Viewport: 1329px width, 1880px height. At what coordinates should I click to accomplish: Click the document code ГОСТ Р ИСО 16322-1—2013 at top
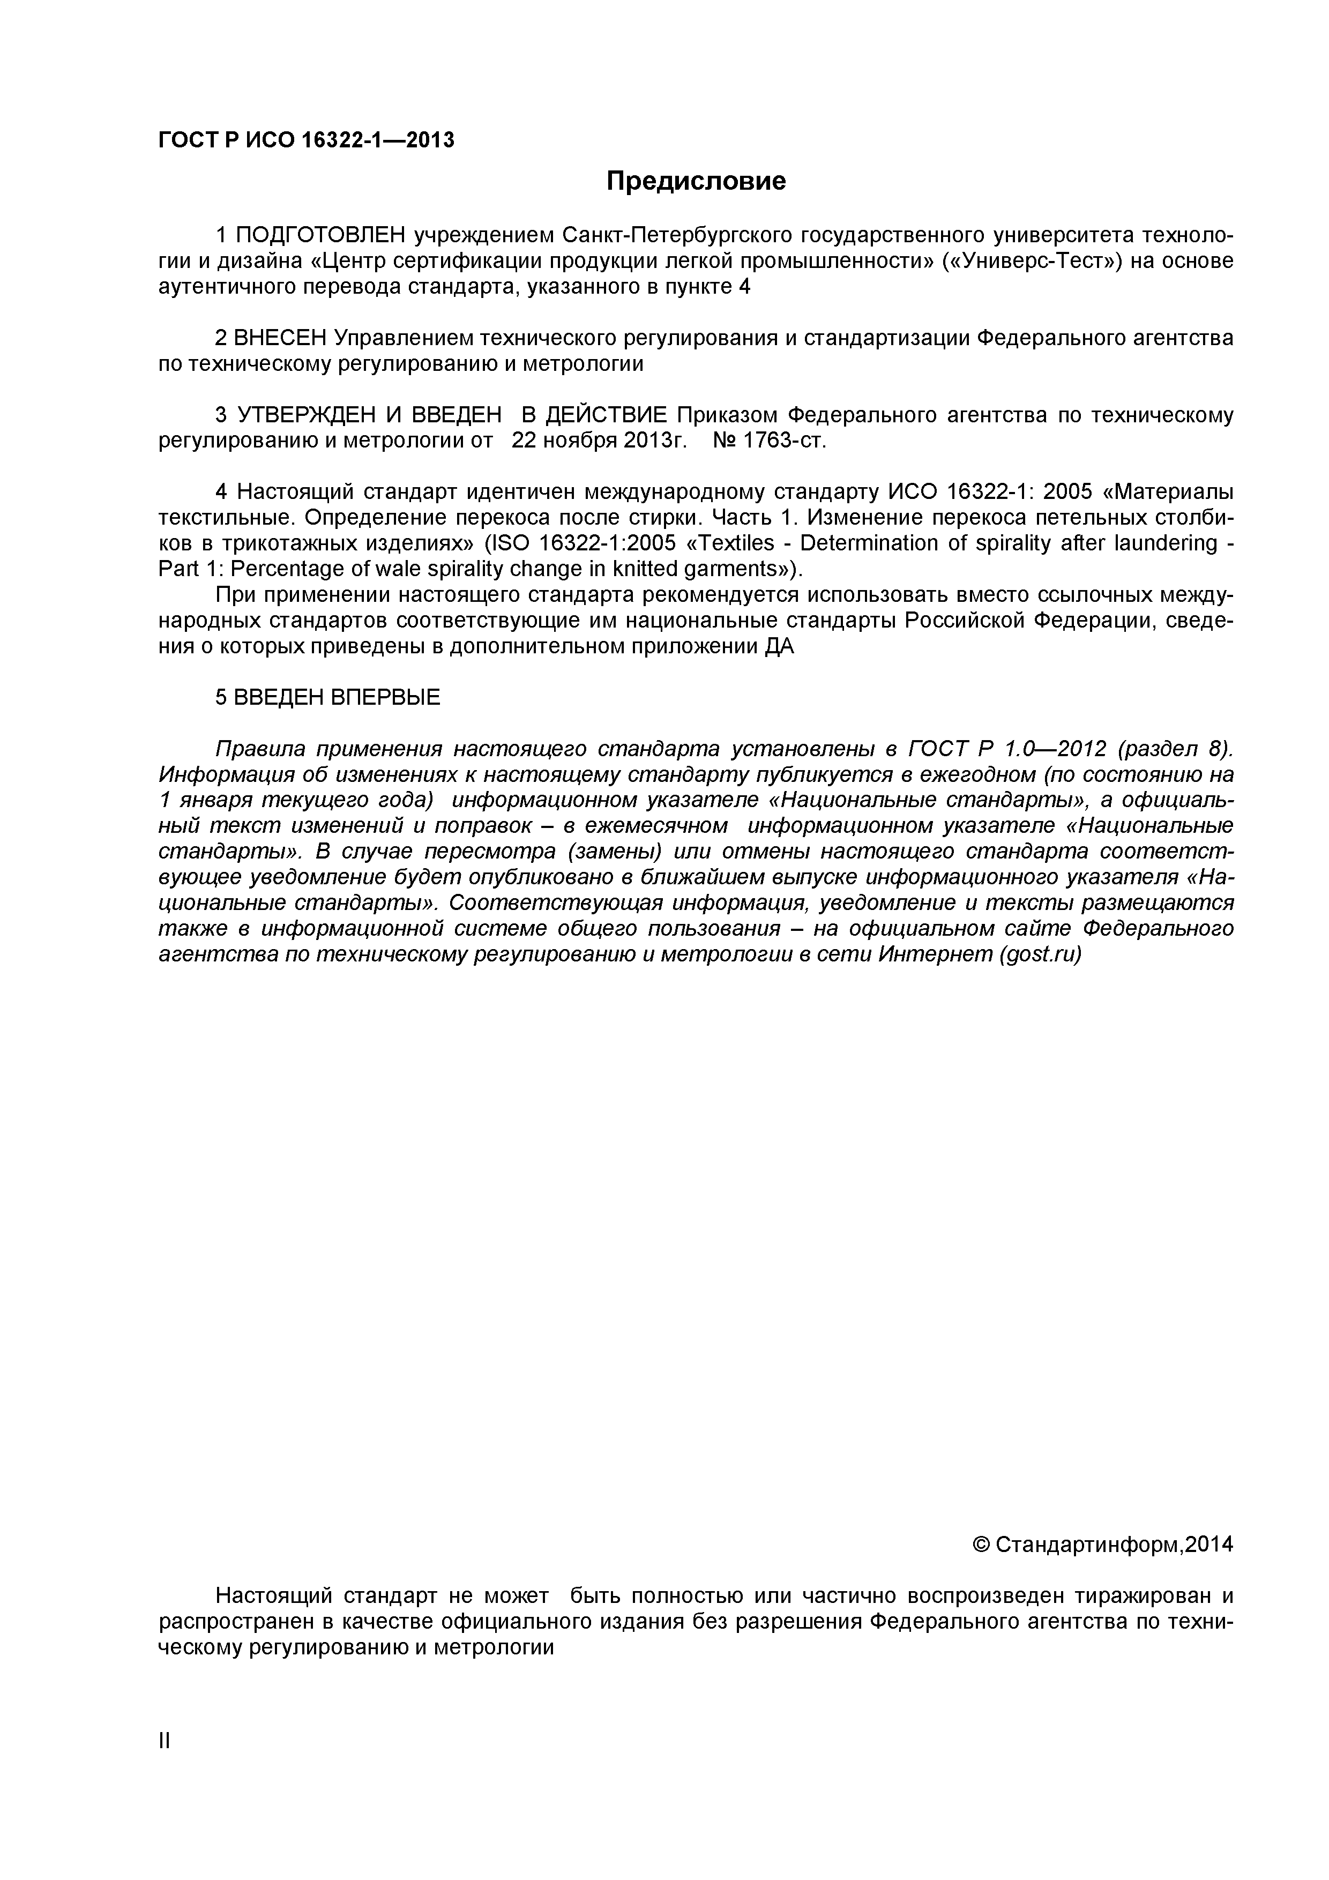coord(305,140)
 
